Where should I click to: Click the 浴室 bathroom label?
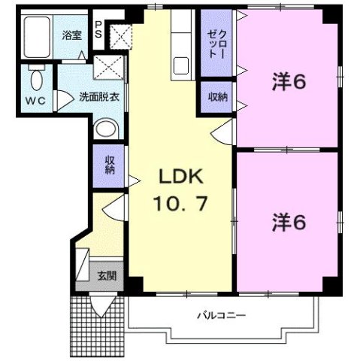71,35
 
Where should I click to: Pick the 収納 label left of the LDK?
110,164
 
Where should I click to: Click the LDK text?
178,178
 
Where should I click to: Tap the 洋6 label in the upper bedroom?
289,83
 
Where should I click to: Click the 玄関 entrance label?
106,276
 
